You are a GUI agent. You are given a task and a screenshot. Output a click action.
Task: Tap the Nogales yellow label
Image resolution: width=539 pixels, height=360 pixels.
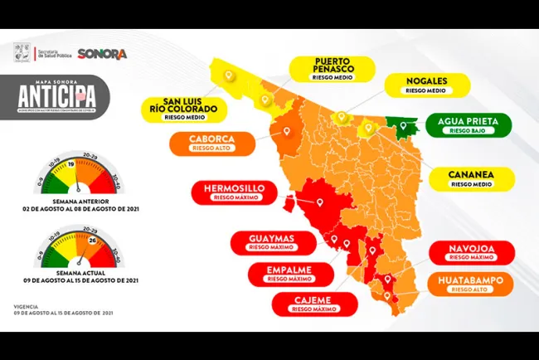tap(428, 85)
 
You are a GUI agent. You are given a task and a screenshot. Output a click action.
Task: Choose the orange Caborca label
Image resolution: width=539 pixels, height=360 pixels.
tap(211, 143)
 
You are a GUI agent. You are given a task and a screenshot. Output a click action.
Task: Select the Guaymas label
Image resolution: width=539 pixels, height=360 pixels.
tap(271, 242)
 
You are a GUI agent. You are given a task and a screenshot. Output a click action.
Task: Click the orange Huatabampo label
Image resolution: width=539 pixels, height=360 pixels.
tap(469, 285)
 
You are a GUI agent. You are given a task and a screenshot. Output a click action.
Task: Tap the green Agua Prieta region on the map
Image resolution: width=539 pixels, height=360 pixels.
tap(402, 128)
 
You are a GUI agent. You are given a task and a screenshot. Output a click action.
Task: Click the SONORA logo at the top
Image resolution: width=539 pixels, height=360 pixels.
tap(102, 54)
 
